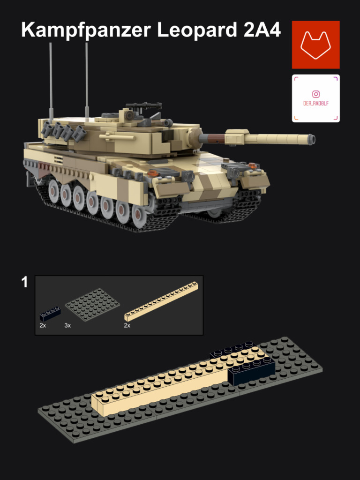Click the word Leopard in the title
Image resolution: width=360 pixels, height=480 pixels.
point(197,30)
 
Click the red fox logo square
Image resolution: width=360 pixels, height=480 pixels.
point(315,45)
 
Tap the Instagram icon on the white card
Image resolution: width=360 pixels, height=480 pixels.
point(316,95)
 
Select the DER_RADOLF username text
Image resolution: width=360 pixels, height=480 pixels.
point(316,104)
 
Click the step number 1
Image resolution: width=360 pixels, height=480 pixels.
point(25,282)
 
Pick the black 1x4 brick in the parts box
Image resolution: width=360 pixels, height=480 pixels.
point(50,313)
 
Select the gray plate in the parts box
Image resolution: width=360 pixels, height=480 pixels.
point(92,304)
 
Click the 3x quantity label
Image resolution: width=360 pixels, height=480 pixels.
point(67,325)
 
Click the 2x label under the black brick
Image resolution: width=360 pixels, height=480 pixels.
point(43,325)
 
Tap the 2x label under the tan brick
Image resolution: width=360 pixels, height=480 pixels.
point(127,325)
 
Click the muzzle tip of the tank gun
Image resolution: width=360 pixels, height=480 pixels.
point(311,139)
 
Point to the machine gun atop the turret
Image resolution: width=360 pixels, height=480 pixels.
point(142,106)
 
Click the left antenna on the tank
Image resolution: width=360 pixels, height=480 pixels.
point(51,80)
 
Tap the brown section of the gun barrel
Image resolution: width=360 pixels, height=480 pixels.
point(215,138)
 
